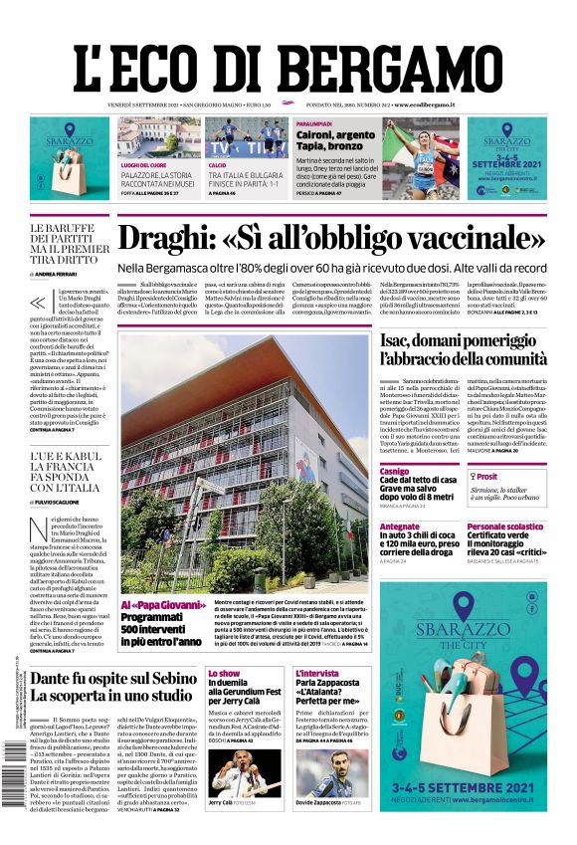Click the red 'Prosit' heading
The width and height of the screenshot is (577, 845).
coord(486,477)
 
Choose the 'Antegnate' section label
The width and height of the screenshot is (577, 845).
coord(400,527)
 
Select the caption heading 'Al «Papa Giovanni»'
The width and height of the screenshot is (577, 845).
coord(153,605)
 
